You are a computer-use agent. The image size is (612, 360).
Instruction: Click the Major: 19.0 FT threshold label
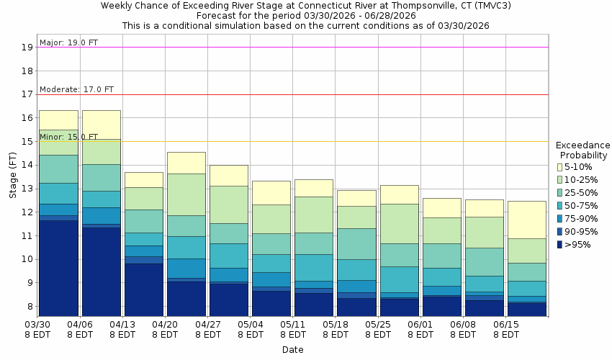pos(68,42)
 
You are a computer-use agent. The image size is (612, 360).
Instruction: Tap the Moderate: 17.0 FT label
pos(76,89)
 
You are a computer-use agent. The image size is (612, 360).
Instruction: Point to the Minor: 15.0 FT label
pos(68,136)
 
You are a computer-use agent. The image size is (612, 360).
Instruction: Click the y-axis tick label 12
pos(28,212)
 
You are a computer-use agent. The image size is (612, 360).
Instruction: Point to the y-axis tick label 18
pos(28,71)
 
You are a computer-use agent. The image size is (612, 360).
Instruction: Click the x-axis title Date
pos(292,350)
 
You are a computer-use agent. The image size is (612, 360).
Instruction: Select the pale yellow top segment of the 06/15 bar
pos(526,220)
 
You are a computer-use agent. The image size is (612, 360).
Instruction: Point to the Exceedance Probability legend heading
pos(583,150)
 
